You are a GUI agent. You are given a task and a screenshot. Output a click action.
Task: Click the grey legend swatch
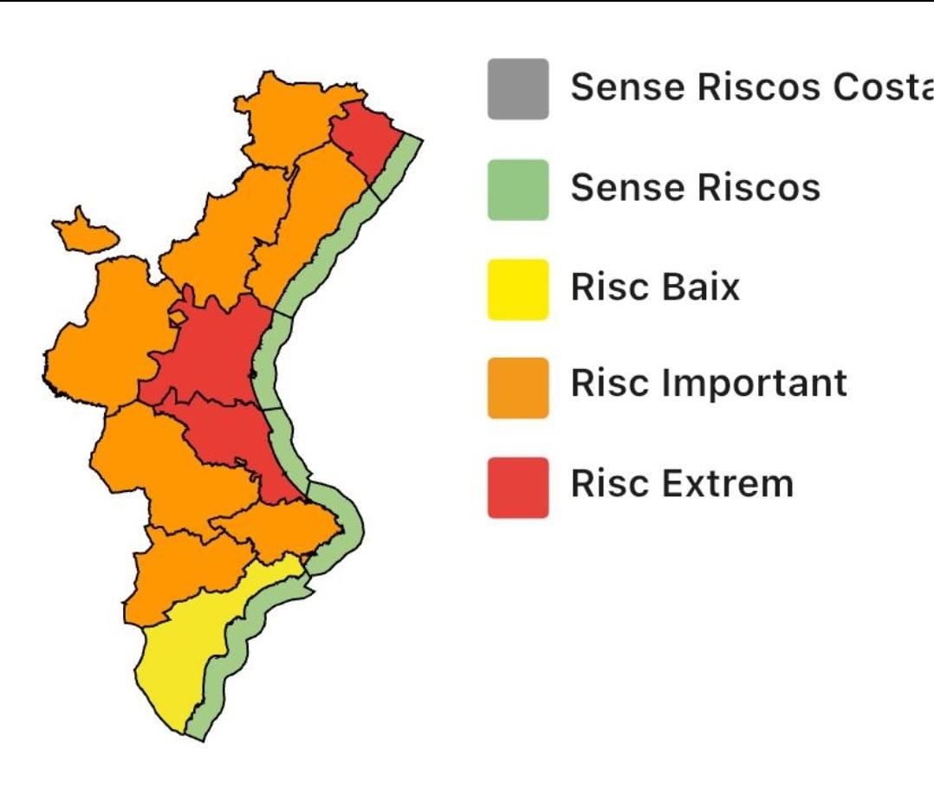tap(517, 88)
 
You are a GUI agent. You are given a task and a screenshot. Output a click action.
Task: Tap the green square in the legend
tap(517, 189)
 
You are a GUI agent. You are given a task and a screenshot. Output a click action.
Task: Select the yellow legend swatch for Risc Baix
tap(517, 288)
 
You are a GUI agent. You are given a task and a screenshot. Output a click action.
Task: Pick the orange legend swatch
tap(517, 387)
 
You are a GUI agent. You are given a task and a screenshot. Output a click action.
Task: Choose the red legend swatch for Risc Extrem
tap(517, 487)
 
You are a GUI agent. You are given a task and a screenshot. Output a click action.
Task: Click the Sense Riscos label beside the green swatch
tap(695, 187)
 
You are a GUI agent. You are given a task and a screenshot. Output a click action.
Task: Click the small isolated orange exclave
tap(83, 232)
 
